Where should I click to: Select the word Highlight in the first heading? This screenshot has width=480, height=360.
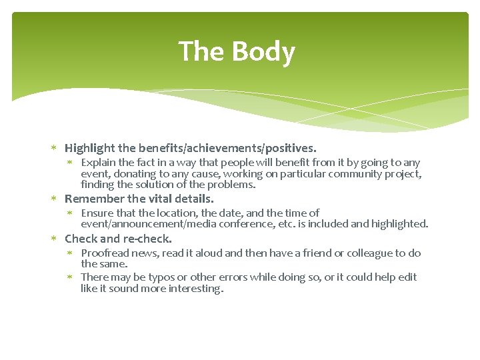click(x=90, y=148)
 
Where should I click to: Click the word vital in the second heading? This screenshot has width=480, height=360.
click(x=166, y=199)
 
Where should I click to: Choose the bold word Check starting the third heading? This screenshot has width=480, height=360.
click(x=81, y=239)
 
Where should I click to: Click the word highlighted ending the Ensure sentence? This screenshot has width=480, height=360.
click(x=399, y=224)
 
